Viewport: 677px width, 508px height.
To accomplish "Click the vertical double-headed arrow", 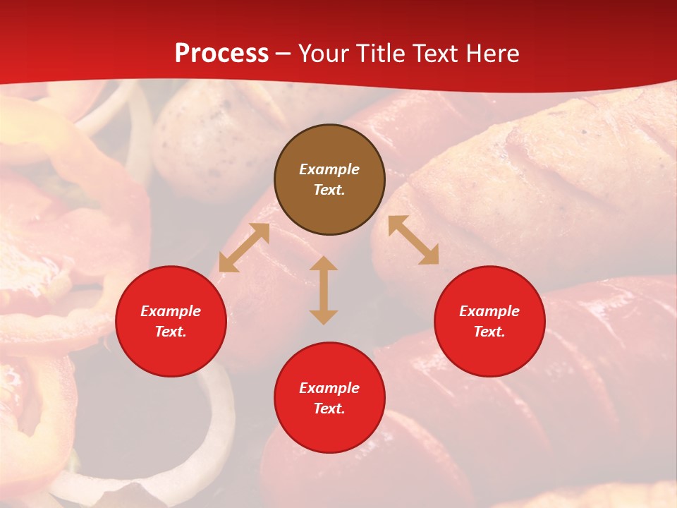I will click(324, 290).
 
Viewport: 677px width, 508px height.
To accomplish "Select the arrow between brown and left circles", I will click(244, 248).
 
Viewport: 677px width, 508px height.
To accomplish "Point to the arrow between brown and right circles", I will click(413, 240).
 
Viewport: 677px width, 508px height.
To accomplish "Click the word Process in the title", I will click(221, 54).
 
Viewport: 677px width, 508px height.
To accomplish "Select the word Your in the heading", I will click(324, 54).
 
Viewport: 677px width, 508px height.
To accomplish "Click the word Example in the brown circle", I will click(329, 169).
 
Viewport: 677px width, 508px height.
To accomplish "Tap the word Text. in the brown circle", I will click(329, 190).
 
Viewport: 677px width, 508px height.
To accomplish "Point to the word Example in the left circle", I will click(171, 311).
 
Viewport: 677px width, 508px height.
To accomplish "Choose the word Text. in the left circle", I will click(171, 332).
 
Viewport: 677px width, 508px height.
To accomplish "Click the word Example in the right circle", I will click(489, 311).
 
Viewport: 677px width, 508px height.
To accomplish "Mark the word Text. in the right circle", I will click(489, 332).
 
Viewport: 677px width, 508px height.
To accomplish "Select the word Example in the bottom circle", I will click(329, 388).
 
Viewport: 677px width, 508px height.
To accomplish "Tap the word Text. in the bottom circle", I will click(329, 409).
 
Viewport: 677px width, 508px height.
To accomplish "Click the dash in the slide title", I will click(283, 54).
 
